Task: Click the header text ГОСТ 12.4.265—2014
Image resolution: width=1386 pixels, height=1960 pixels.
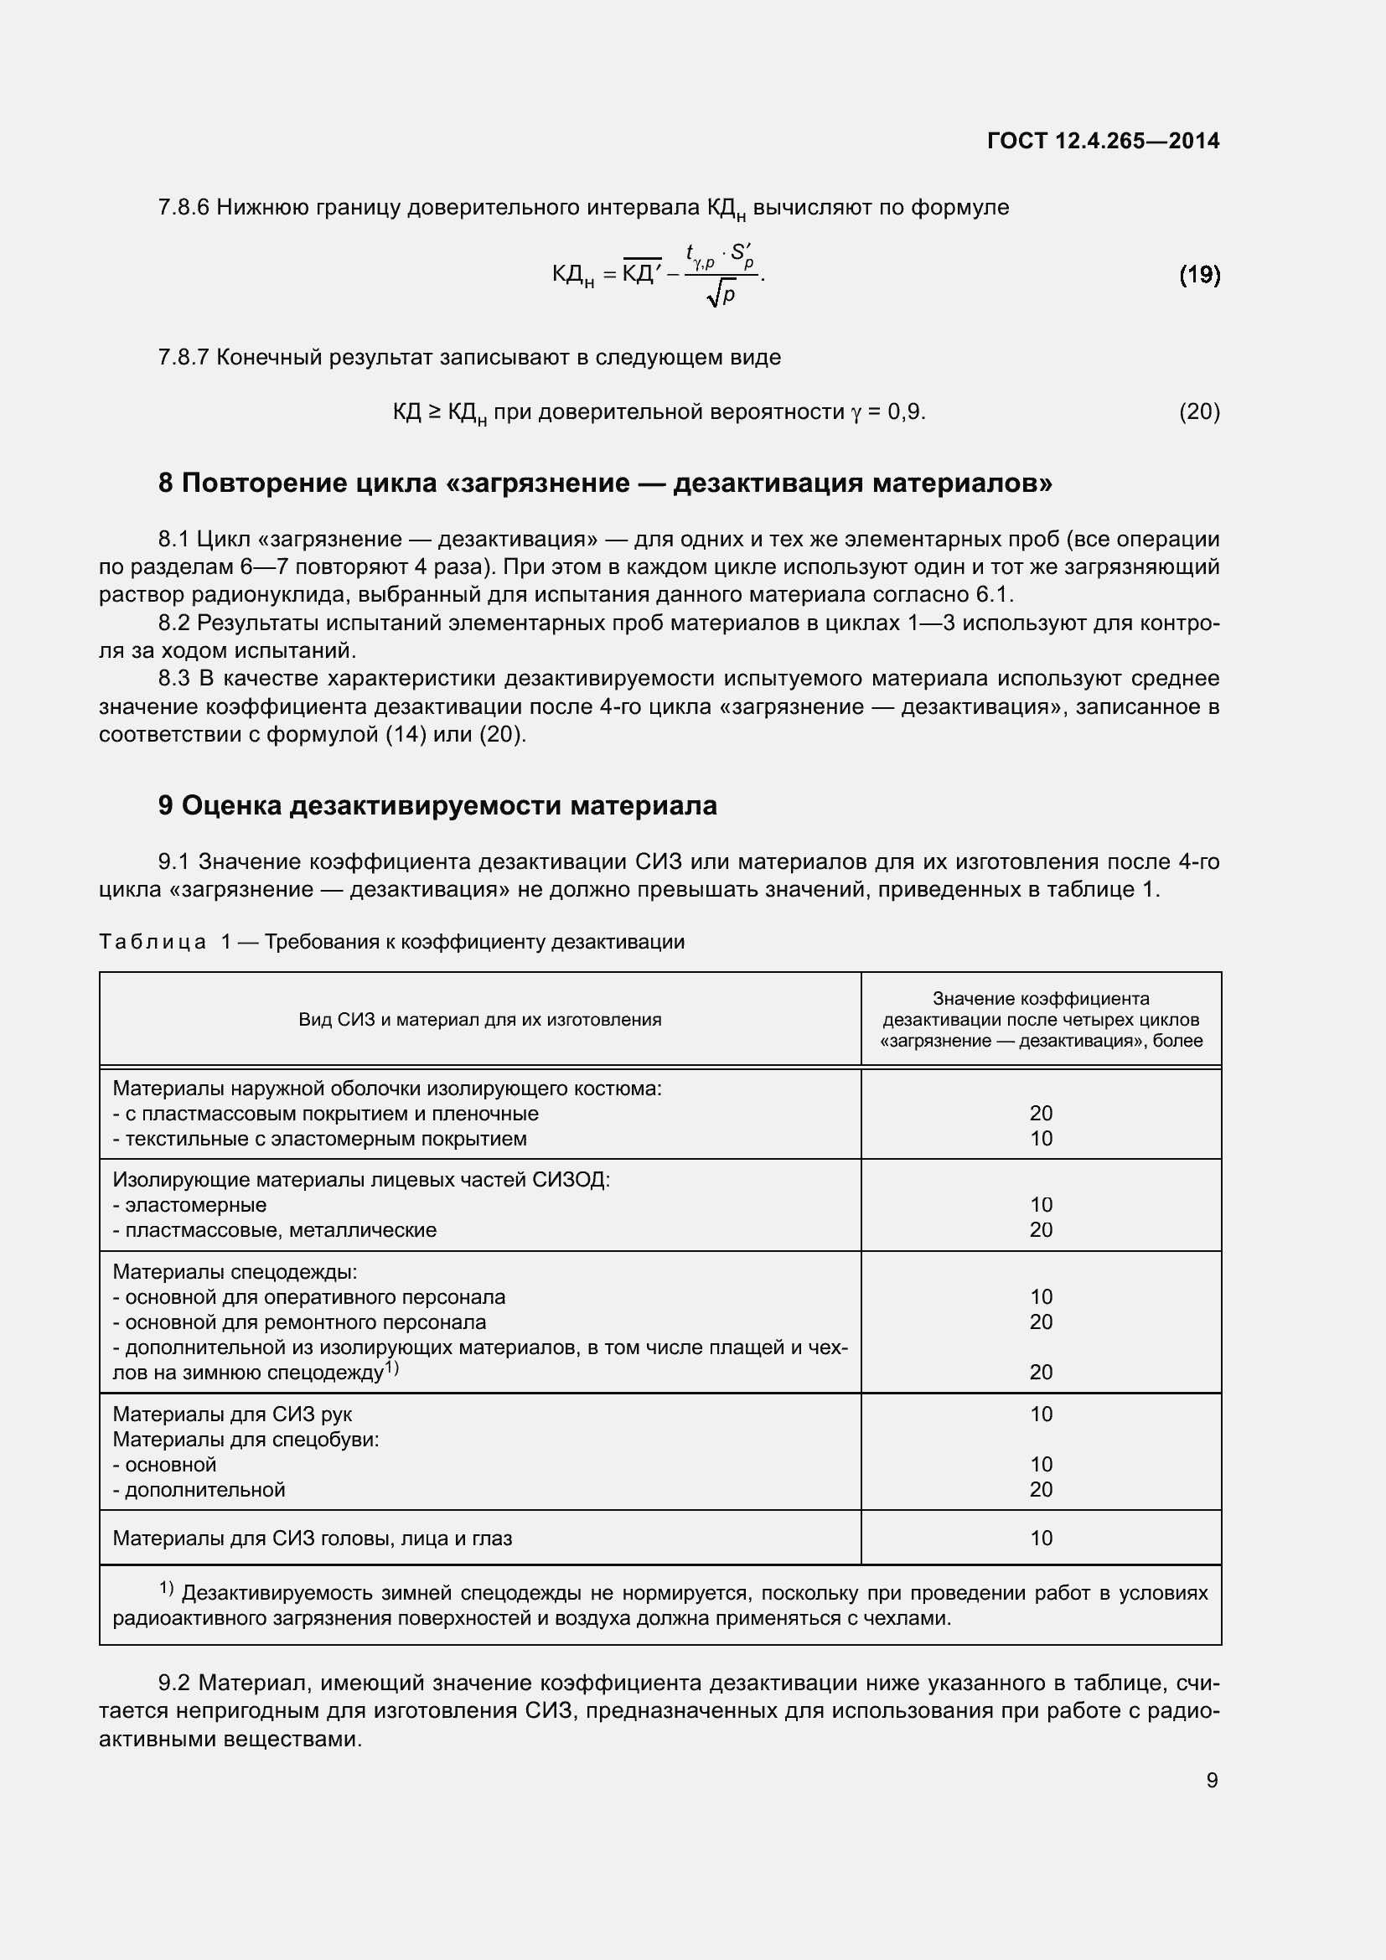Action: click(x=1103, y=141)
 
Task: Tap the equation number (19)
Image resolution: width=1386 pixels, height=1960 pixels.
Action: click(x=1199, y=274)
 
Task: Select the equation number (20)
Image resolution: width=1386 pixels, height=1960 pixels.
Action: click(x=1199, y=412)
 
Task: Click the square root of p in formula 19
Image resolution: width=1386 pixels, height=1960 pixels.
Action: click(x=721, y=294)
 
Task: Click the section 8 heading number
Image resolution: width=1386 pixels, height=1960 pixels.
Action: click(x=166, y=484)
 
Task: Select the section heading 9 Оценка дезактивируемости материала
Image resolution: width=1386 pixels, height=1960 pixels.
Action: click(x=437, y=805)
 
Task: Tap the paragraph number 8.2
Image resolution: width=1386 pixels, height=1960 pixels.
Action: click(x=174, y=623)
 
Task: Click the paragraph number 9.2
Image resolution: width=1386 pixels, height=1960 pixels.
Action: click(x=174, y=1683)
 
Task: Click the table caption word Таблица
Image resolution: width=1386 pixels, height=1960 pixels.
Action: click(x=152, y=942)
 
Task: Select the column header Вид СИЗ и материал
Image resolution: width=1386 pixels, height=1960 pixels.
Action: click(x=479, y=1019)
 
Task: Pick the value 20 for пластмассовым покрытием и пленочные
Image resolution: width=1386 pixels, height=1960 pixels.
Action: click(x=1041, y=1113)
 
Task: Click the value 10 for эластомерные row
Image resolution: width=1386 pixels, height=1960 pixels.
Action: click(x=1041, y=1204)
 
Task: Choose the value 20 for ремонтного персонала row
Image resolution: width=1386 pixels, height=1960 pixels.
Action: click(x=1041, y=1321)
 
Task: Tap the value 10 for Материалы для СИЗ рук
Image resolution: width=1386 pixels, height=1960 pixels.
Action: click(x=1041, y=1414)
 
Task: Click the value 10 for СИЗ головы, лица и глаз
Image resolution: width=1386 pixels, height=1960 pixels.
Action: click(x=1041, y=1539)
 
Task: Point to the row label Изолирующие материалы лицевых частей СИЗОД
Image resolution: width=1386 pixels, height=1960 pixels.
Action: click(x=361, y=1180)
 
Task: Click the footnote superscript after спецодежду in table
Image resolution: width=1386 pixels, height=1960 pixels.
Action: click(x=391, y=1368)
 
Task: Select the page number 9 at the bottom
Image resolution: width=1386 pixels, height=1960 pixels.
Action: click(x=1211, y=1780)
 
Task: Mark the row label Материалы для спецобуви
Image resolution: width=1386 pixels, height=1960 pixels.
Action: click(x=246, y=1440)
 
